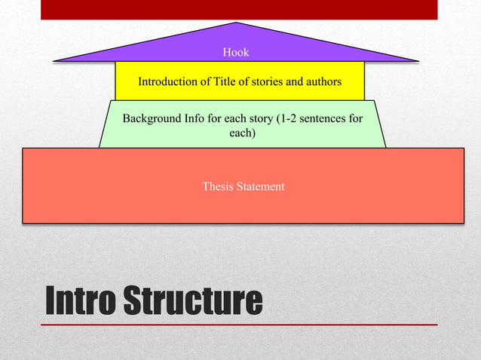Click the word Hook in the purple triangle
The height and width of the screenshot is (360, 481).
point(236,52)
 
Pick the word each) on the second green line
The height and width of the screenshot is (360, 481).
point(242,133)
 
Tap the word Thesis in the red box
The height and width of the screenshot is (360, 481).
point(217,186)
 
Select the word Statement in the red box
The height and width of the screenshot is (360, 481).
point(260,186)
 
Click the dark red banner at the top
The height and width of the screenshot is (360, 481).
point(239,9)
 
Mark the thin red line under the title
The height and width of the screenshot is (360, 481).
point(239,325)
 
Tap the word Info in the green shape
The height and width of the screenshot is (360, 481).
point(198,119)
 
